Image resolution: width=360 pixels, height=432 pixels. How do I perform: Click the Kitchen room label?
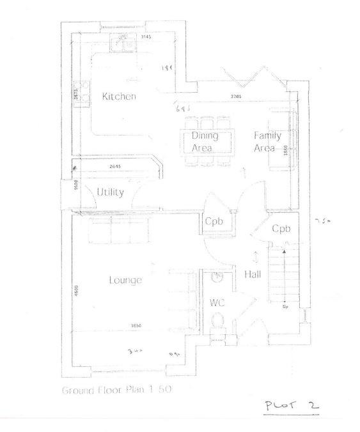[x=119, y=96]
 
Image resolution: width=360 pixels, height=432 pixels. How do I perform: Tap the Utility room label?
[x=110, y=192]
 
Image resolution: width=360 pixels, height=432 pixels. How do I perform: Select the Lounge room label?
[x=125, y=279]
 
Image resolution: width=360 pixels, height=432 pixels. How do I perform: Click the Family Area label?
[x=267, y=141]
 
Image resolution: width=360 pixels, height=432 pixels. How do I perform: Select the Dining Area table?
[x=205, y=141]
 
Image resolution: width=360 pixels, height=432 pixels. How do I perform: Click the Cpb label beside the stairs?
[x=281, y=228]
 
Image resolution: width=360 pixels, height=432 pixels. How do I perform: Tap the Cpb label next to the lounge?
[x=214, y=222]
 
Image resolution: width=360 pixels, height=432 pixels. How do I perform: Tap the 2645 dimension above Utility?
[x=114, y=167]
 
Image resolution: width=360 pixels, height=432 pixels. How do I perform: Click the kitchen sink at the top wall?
[x=121, y=43]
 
